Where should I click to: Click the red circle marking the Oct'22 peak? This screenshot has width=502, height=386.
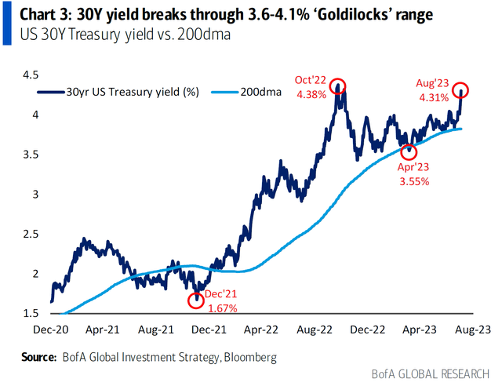pos(338,86)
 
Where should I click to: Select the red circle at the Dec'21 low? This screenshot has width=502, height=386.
pos(196,299)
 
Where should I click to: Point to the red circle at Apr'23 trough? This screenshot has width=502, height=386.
pos(408,151)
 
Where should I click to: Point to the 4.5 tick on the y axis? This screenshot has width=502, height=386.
pos(31,75)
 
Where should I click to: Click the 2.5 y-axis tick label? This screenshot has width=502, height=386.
pos(31,234)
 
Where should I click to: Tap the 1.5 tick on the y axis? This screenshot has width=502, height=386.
pos(31,313)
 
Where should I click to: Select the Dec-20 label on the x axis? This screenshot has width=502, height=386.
pos(52,330)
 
